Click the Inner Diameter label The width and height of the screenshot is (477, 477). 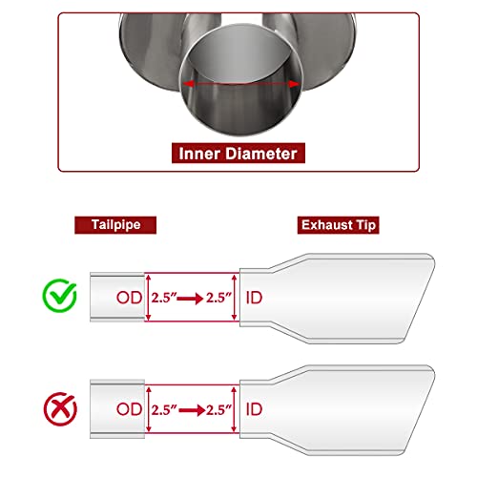coord(238,154)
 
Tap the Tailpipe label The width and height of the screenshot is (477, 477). coord(115,225)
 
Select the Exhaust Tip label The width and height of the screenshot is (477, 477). coord(339,225)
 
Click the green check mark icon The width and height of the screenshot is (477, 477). coord(60,295)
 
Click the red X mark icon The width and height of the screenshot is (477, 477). coord(60,409)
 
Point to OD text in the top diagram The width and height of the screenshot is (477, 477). coord(129,298)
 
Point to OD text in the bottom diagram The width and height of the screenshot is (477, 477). coord(129,409)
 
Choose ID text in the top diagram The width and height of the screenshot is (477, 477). coord(254,298)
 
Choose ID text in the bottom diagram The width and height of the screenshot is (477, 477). coord(254,409)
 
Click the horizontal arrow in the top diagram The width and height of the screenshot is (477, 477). coord(190,299)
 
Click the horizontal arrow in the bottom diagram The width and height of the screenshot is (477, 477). coord(192,410)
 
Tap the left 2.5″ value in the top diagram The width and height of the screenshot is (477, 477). coord(164,298)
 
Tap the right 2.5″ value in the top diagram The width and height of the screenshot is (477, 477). coord(218,298)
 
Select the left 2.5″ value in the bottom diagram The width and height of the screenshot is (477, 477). coord(164,410)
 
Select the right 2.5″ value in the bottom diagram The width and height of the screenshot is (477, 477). coord(218,410)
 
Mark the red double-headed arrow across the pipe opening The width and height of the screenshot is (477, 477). coord(241,84)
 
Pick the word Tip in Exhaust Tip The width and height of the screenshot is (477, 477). coord(366,225)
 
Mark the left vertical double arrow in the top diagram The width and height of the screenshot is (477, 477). coord(148,298)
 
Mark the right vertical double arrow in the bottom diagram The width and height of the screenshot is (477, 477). coord(235,409)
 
